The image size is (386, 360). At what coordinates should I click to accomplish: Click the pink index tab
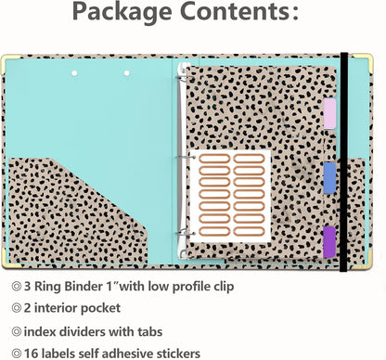pos(329,113)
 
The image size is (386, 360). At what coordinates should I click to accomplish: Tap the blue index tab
pos(329,178)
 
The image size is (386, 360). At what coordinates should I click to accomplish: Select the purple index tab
pos(329,242)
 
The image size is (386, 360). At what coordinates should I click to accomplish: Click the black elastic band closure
pos(344,161)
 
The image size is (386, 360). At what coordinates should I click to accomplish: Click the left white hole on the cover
pos(74,73)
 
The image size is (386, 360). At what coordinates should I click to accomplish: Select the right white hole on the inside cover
pos(127,73)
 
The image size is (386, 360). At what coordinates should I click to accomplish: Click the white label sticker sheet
pos(230,196)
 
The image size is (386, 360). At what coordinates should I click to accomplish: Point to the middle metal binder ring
pos(185,158)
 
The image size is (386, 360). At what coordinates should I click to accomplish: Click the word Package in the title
pos(122,12)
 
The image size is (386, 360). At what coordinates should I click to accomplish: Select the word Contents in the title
pos(236,10)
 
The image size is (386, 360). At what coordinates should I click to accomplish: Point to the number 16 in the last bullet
pos(31,354)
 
